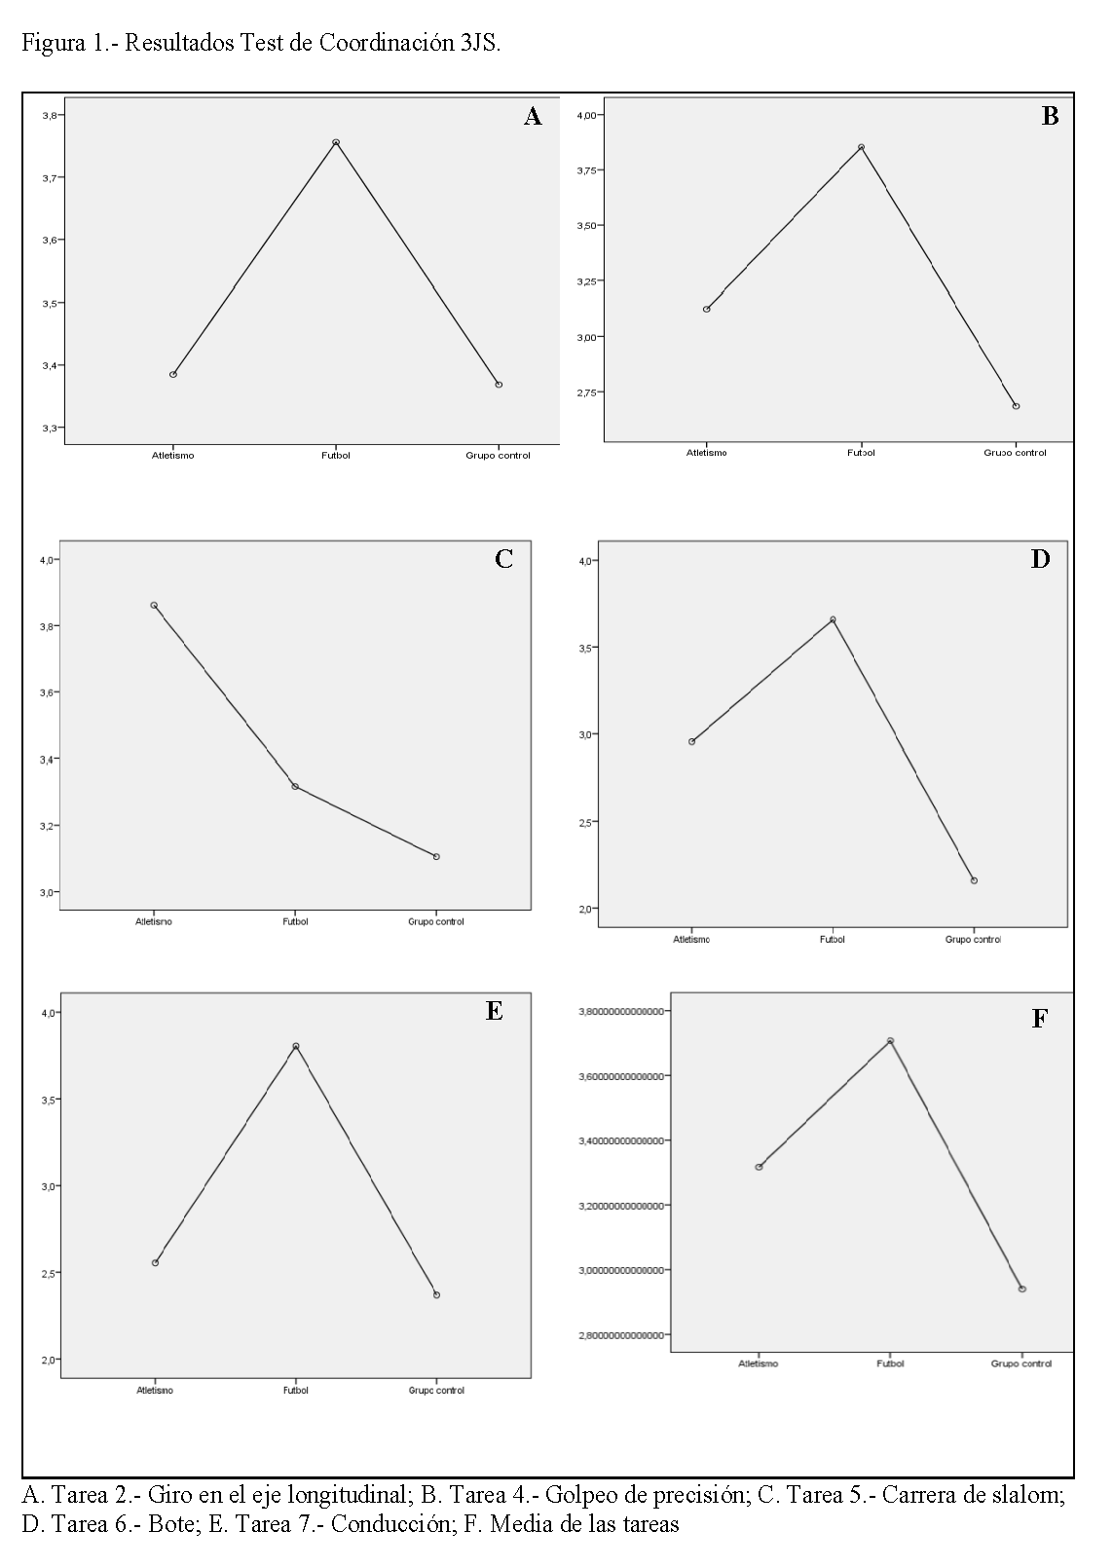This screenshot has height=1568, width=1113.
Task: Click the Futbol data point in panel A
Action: tap(336, 142)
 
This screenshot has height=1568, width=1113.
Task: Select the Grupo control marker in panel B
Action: tap(1016, 406)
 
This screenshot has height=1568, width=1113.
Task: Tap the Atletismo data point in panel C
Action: tap(154, 605)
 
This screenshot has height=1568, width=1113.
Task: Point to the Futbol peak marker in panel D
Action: tap(833, 619)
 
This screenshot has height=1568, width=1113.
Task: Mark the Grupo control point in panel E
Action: tap(436, 1294)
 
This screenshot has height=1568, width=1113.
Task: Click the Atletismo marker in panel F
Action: tap(759, 1167)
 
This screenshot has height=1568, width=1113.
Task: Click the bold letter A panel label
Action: tap(533, 117)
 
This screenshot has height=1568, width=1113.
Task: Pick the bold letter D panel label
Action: tap(1040, 559)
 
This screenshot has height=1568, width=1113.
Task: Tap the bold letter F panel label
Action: tap(1039, 1019)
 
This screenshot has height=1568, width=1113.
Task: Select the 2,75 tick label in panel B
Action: tap(590, 392)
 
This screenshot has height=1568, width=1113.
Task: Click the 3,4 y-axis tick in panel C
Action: tap(47, 759)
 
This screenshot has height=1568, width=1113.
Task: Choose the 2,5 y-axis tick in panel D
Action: tap(587, 822)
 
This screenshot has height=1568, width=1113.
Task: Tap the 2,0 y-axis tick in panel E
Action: tap(47, 1360)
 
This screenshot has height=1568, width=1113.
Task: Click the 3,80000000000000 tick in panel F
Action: tap(621, 1012)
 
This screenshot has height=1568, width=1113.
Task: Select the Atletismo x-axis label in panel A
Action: tap(173, 456)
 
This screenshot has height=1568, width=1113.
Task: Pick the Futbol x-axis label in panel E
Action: tap(296, 1391)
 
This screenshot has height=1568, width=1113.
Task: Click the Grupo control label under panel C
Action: tap(436, 921)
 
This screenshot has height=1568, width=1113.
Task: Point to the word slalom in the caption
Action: tap(1030, 1494)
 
